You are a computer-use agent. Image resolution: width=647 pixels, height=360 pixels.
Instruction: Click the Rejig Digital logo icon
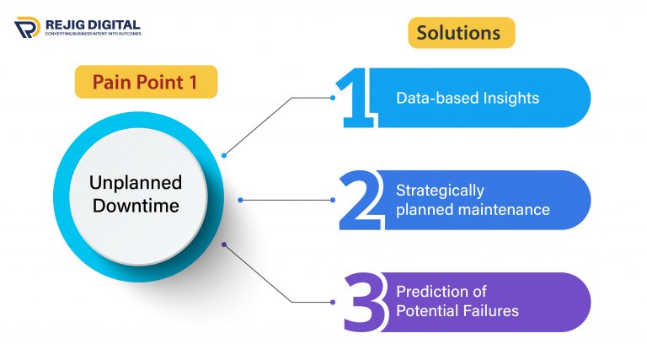27,28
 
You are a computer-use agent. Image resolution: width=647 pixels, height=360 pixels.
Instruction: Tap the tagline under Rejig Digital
93,34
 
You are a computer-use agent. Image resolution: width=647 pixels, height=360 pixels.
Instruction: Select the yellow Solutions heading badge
462,33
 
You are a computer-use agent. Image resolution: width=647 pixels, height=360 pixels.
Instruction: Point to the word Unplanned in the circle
137,183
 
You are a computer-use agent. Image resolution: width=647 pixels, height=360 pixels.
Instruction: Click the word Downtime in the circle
137,205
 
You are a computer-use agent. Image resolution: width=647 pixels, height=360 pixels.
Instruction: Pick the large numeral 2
357,201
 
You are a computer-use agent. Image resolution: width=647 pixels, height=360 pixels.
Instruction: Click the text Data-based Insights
468,98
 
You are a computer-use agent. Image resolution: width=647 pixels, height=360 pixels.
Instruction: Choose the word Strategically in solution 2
440,191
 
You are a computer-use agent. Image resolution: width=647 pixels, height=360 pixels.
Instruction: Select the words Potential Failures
457,311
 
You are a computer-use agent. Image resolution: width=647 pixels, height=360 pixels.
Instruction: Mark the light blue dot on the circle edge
223,155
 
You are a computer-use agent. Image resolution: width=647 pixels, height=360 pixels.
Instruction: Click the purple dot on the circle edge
223,244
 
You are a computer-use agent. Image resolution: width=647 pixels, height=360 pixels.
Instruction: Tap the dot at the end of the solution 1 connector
333,98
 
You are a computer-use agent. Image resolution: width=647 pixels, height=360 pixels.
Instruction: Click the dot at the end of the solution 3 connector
333,302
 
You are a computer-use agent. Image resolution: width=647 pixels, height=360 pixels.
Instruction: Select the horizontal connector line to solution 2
286,200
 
